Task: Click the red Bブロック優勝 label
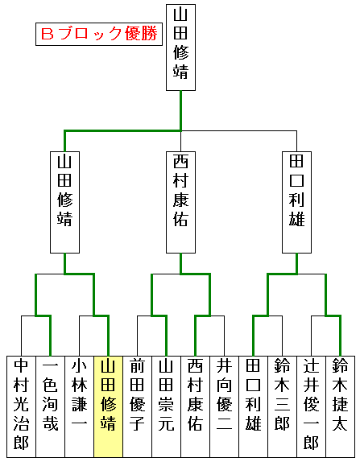click(x=99, y=34)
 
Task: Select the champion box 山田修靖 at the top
click(x=180, y=47)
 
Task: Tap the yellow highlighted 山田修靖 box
click(x=108, y=406)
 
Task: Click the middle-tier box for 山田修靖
click(x=64, y=202)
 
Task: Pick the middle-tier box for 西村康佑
click(x=180, y=202)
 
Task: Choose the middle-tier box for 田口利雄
click(x=296, y=202)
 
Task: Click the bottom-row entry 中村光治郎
click(x=22, y=406)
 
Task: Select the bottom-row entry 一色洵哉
click(x=50, y=406)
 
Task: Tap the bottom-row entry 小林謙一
click(x=80, y=406)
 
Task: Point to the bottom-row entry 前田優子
click(x=138, y=406)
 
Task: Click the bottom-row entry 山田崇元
click(x=166, y=406)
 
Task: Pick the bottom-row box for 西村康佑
click(x=196, y=406)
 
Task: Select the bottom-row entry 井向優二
click(x=224, y=406)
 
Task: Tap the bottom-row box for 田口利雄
click(x=253, y=406)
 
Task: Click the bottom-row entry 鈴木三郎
click(x=282, y=406)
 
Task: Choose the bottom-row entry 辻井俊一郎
click(x=311, y=406)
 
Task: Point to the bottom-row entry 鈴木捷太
click(x=341, y=406)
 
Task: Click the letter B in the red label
click(x=48, y=34)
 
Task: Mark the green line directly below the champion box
click(x=180, y=110)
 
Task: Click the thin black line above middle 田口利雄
click(x=296, y=141)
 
